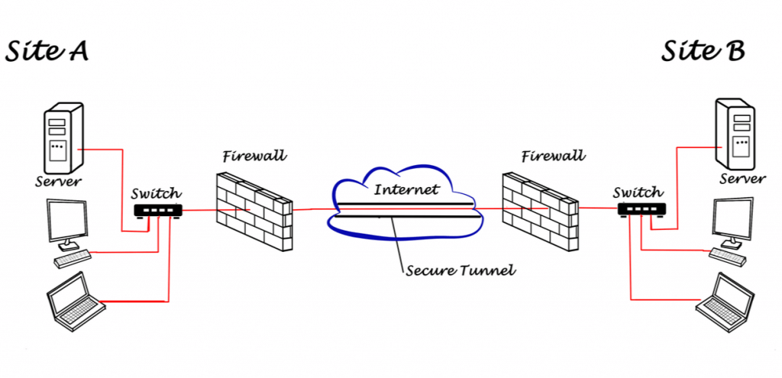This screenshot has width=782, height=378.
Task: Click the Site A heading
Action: tap(47, 51)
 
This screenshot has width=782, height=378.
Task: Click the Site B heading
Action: tap(703, 51)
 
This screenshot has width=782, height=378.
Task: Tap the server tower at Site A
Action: tap(63, 138)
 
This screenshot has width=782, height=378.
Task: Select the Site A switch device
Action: tap(158, 211)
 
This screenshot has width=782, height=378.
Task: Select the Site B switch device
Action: tap(641, 208)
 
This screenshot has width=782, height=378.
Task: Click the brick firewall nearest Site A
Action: tap(254, 211)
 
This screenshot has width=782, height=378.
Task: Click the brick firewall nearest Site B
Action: tap(540, 211)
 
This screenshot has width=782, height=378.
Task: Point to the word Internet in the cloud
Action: tap(406, 189)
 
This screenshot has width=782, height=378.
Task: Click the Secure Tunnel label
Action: tap(459, 271)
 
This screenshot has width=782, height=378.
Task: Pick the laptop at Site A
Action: tap(76, 302)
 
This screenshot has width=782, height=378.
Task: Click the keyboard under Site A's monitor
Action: tap(73, 259)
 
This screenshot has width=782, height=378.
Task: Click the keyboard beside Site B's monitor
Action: tap(728, 257)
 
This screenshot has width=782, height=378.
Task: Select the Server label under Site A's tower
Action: tap(58, 182)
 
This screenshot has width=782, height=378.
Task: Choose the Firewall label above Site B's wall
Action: tap(553, 156)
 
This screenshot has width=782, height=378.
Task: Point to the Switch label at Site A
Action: tap(157, 193)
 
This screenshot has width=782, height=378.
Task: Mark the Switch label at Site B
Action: tap(638, 192)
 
